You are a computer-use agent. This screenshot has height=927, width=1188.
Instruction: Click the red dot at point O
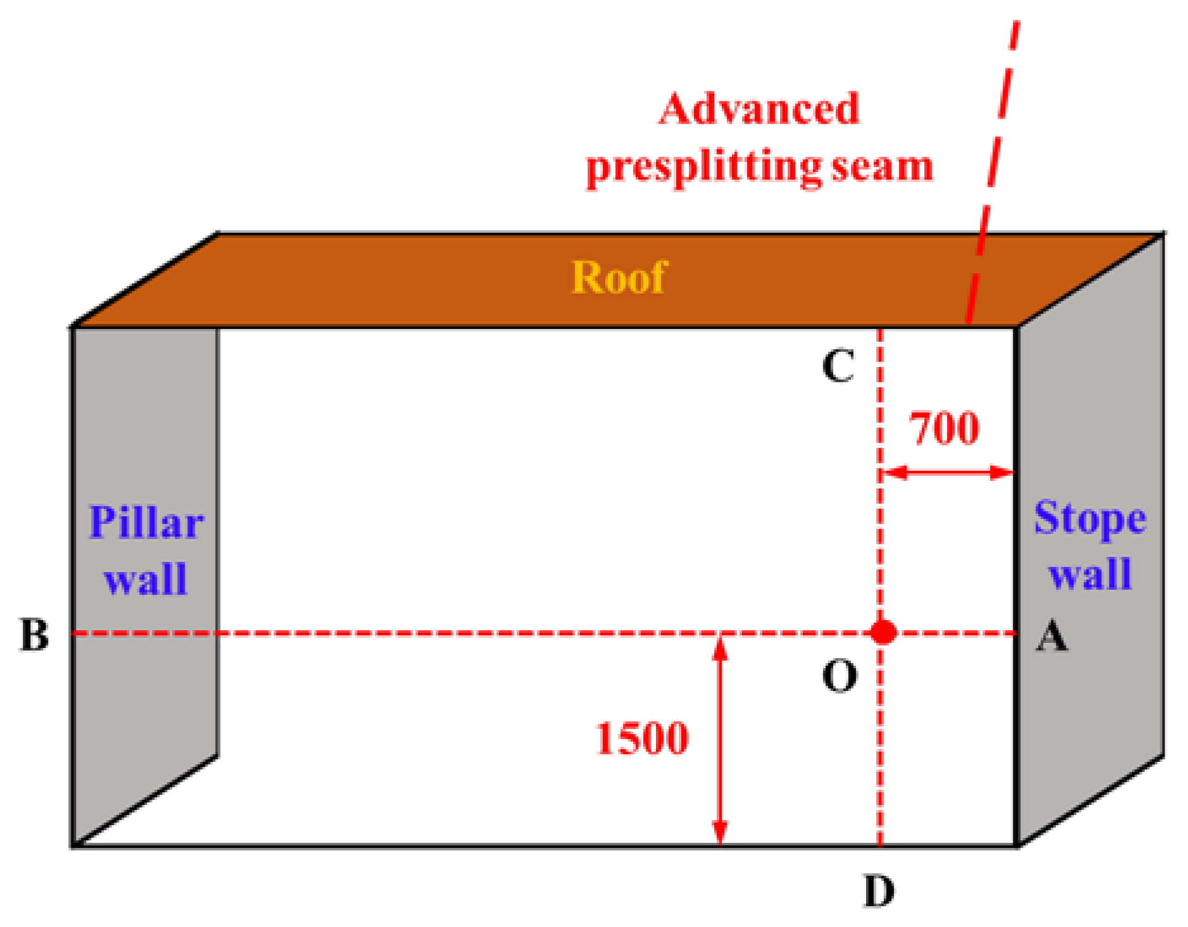(x=882, y=631)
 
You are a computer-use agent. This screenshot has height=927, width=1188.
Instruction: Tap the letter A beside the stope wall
(x=1052, y=636)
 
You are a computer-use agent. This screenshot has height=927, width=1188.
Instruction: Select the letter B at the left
(x=34, y=635)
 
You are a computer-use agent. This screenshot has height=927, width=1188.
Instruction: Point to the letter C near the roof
(x=838, y=366)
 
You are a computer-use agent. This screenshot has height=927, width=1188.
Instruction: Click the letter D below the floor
(x=879, y=891)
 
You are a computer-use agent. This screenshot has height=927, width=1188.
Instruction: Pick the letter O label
(x=839, y=676)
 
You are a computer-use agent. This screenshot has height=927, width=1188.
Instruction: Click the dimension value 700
(x=944, y=428)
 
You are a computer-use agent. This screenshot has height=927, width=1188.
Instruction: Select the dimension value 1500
(x=641, y=738)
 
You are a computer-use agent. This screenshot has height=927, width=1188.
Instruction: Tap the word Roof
(x=619, y=277)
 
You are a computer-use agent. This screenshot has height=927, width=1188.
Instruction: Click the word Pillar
(x=146, y=523)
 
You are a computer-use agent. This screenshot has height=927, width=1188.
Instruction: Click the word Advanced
(x=758, y=109)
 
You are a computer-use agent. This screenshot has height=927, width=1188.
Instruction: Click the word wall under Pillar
(x=145, y=578)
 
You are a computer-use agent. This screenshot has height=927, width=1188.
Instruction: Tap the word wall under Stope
(x=1089, y=574)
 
